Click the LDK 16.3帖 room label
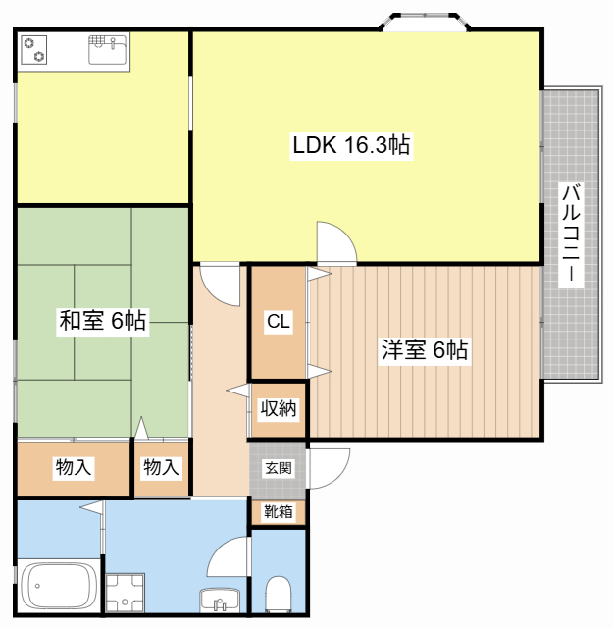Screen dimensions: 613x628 tap(351, 145)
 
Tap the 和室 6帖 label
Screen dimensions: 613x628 tap(103, 321)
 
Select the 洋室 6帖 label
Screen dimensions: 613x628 tap(425, 349)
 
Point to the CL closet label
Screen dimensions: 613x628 tap(278, 321)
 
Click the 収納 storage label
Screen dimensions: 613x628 tap(279, 408)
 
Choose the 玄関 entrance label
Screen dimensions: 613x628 tap(279, 468)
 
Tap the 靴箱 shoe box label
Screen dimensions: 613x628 tap(279, 511)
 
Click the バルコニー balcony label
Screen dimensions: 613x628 tap(571, 235)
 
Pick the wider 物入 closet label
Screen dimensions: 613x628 tap(74, 467)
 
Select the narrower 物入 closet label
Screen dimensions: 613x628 tap(161, 467)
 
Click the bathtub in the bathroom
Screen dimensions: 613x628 tap(59, 586)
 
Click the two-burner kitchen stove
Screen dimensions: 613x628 tap(34, 50)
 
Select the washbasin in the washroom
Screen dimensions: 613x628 tap(219, 601)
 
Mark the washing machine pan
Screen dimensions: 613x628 tap(125, 593)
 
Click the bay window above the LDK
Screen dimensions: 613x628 tap(425, 22)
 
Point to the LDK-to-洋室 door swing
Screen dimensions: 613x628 tap(336, 242)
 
